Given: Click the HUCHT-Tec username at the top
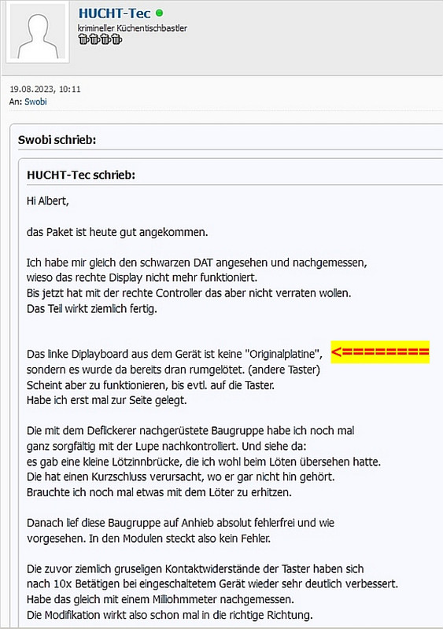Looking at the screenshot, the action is click(x=114, y=13).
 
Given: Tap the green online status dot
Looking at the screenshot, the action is click(x=160, y=13).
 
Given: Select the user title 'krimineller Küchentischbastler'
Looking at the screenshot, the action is click(x=132, y=28).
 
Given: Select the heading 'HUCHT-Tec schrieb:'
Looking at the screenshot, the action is click(x=81, y=175).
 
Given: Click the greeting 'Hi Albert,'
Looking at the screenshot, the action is click(x=48, y=201).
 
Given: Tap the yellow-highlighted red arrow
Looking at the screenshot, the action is click(x=380, y=351).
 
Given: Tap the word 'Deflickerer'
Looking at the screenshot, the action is click(x=102, y=431).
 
